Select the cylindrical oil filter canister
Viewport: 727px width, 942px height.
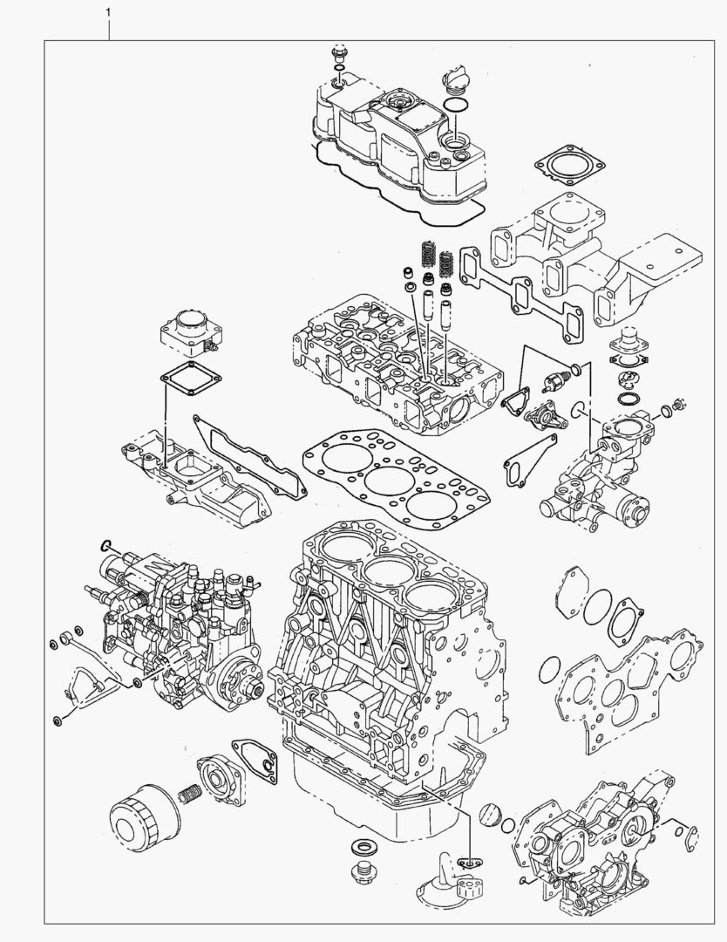click(145, 816)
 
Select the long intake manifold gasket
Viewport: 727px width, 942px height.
click(248, 457)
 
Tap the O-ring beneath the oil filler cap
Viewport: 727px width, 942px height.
click(456, 107)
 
